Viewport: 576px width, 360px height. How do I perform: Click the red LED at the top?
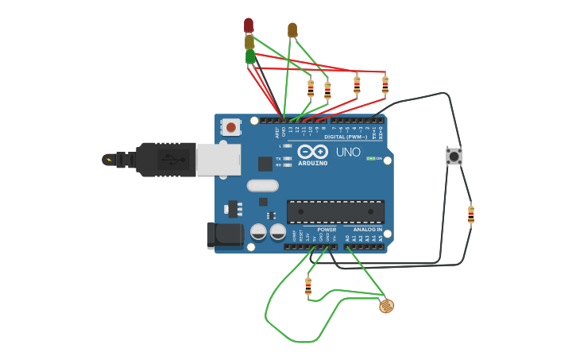pos(249,25)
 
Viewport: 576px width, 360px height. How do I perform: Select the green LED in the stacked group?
pos(250,56)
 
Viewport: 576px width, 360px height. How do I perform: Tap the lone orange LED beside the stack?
pos(292,30)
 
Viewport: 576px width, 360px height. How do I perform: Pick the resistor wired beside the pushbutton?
pos(471,214)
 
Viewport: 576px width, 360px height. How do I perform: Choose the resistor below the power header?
pos(308,286)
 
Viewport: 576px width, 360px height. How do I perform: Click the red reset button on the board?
pos(231,126)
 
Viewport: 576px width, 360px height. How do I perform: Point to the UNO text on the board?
pos(348,152)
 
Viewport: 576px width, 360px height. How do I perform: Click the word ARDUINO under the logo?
pos(312,163)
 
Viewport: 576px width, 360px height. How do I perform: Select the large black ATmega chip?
pos(335,211)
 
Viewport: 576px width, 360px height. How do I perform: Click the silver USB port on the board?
pos(218,159)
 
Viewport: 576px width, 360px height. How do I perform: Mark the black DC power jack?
pos(226,234)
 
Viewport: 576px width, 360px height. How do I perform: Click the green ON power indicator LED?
pos(370,159)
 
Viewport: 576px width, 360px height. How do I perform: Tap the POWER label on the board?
pos(327,229)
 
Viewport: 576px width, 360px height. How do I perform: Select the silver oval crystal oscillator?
pos(263,186)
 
